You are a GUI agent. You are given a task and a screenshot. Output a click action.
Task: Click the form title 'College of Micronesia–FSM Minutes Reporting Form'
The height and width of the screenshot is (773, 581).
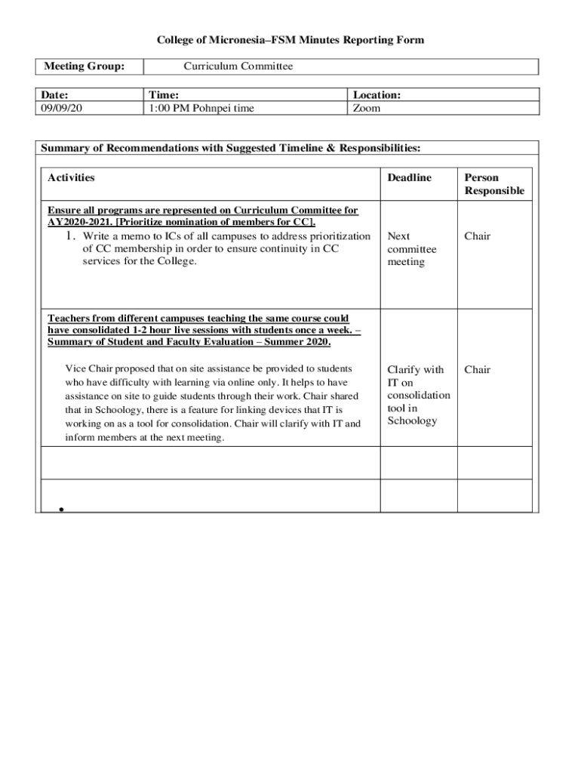[290, 39]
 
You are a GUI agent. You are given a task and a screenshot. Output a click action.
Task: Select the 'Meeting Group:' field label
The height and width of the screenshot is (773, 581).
[84, 66]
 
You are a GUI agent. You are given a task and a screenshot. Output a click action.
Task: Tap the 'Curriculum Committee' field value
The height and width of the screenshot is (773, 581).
[238, 66]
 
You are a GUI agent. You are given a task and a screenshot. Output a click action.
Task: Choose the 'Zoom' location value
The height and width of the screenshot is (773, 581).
[367, 108]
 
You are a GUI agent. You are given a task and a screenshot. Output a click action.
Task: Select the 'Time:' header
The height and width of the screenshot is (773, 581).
[164, 95]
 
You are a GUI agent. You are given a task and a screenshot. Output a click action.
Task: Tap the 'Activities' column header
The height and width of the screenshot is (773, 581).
[71, 177]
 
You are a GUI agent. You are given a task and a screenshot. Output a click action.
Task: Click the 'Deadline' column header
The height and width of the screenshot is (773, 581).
[409, 177]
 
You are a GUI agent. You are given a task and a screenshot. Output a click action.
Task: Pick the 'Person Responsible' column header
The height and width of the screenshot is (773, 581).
[494, 184]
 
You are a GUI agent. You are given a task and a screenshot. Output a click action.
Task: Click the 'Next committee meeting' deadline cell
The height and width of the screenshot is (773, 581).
[411, 249]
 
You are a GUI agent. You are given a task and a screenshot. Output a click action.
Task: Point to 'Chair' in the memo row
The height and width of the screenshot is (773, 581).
[477, 236]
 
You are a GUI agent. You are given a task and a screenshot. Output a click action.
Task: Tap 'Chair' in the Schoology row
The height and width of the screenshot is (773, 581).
[477, 369]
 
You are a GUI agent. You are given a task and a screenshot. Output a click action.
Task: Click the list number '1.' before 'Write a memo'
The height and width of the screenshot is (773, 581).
[71, 236]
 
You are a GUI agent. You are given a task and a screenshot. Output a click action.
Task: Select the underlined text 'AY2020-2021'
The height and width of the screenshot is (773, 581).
[79, 223]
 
